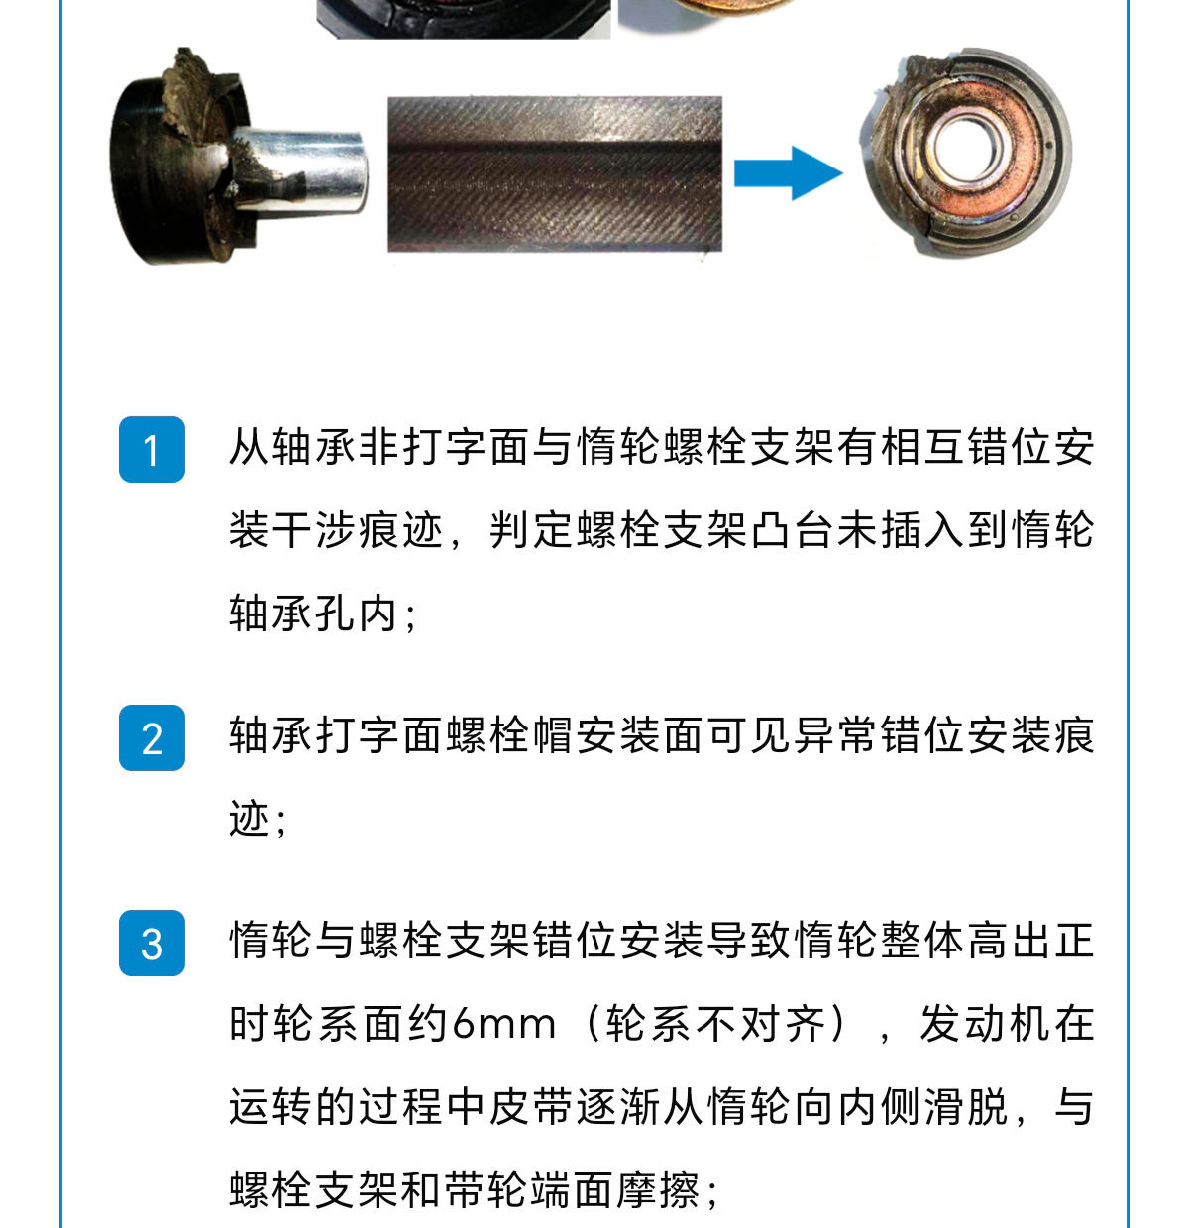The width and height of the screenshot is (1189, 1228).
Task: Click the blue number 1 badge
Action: pos(152,449)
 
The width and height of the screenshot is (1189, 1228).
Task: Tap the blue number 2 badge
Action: pos(152,737)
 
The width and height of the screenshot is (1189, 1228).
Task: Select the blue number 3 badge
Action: pos(152,943)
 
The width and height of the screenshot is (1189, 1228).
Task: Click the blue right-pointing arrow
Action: pos(789,172)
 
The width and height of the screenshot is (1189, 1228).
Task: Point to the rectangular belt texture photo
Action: pos(555,174)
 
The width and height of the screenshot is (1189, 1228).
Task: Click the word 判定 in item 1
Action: pos(532,530)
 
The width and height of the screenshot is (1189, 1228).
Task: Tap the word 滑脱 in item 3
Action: pos(966,1107)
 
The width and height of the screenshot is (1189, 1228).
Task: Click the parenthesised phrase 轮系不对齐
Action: pos(715,1024)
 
